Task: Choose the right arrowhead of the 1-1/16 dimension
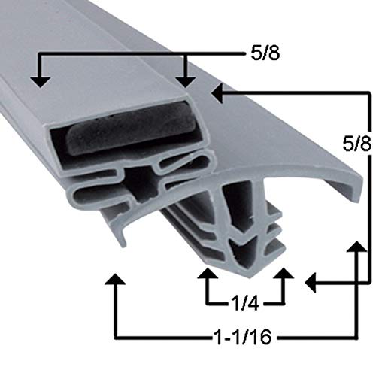pos(353,250)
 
